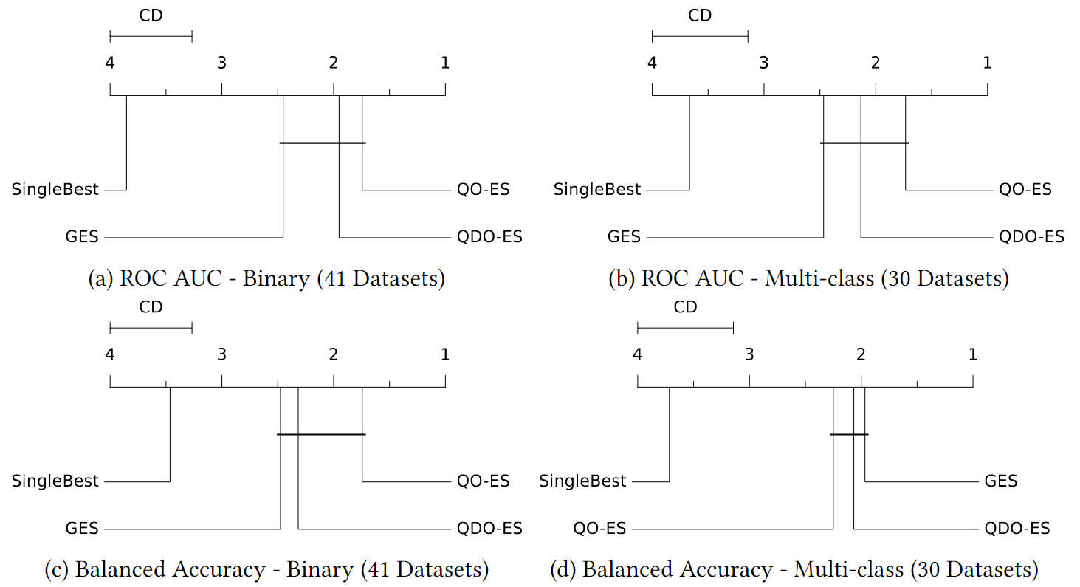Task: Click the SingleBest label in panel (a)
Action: point(55,190)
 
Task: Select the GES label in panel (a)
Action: point(82,237)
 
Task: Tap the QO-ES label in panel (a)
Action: point(483,190)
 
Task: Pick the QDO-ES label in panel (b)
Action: point(1031,237)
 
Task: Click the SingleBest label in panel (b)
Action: point(597,190)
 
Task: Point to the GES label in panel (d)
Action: point(1001,481)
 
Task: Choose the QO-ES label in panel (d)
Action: point(599,529)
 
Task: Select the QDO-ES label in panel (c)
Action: point(489,529)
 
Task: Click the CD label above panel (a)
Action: point(151,15)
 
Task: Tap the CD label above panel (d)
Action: point(685,307)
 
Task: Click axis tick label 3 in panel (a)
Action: point(221,63)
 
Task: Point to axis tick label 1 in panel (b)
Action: point(987,63)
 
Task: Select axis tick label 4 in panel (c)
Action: point(110,355)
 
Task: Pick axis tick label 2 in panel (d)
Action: point(861,355)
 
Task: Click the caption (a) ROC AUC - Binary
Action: point(266,279)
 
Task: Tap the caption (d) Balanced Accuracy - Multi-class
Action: point(794,570)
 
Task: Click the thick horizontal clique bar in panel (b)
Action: point(864,143)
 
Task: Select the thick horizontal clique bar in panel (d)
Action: point(849,434)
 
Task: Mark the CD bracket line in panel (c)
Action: point(151,327)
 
